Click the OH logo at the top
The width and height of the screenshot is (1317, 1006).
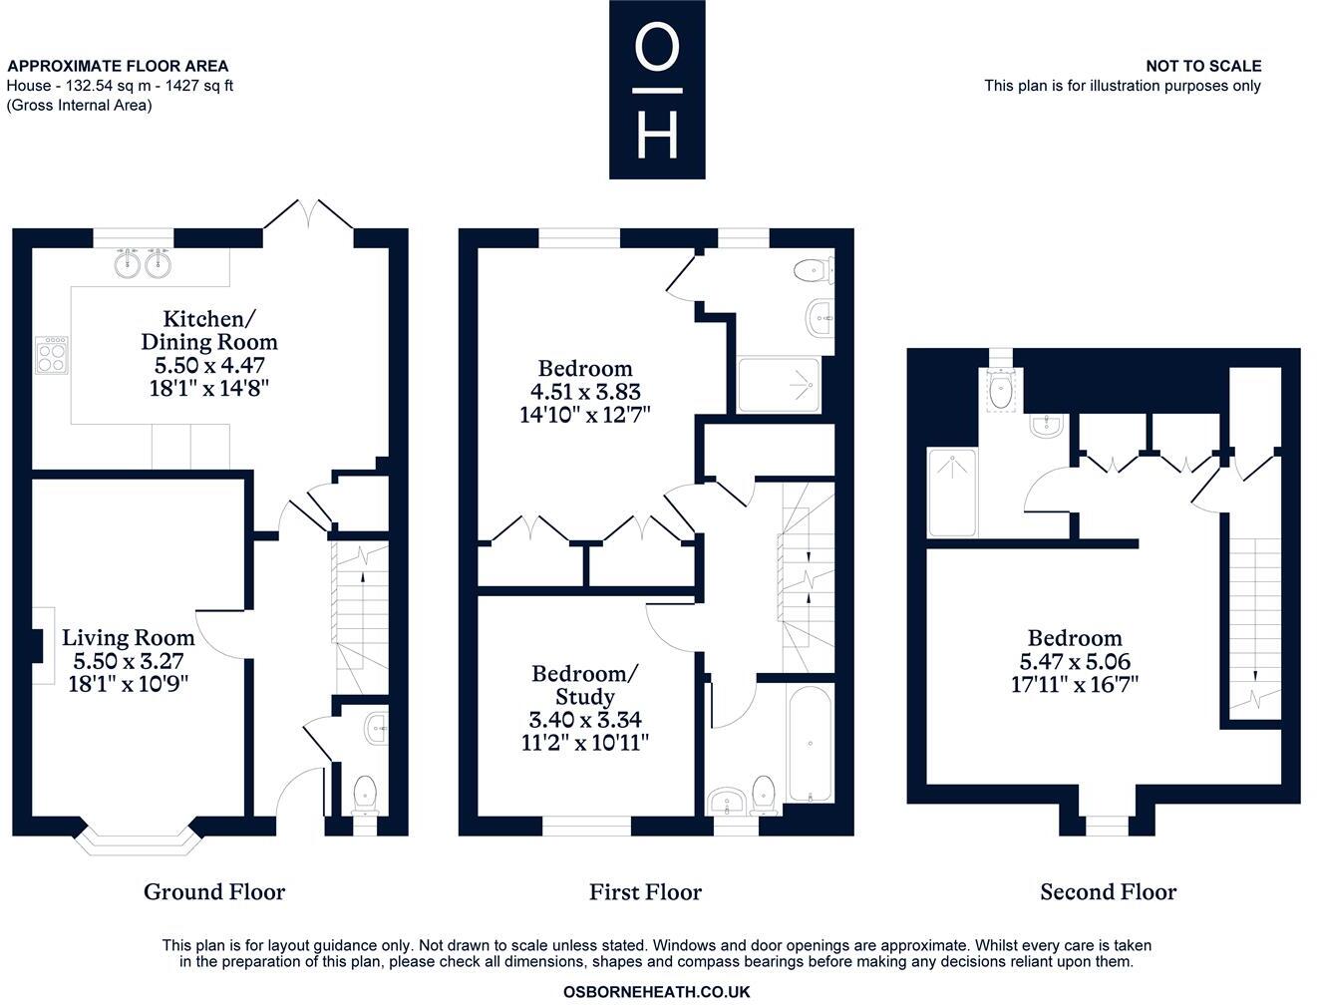coord(657,90)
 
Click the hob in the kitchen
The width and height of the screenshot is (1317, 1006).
coord(53,354)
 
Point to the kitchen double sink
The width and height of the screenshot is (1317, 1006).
coord(140,263)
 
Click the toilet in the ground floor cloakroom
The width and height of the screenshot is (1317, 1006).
coord(365,794)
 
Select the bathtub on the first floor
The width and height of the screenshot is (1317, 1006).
coord(809,743)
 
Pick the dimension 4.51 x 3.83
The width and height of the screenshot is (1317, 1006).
coord(585,392)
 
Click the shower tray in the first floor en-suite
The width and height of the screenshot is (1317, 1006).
coord(779,384)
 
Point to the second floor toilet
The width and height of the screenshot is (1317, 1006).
coord(1000,390)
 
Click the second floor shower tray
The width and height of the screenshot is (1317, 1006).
coord(952,492)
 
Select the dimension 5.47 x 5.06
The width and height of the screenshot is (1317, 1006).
coord(1075,661)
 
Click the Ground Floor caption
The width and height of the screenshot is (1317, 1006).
coord(214,891)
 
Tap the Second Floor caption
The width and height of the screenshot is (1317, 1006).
coord(1108,891)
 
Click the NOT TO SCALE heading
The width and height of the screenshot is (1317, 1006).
coord(1203,66)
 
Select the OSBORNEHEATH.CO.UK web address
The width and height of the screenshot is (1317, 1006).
coord(656,992)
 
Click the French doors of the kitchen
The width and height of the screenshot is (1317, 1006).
coord(309,217)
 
